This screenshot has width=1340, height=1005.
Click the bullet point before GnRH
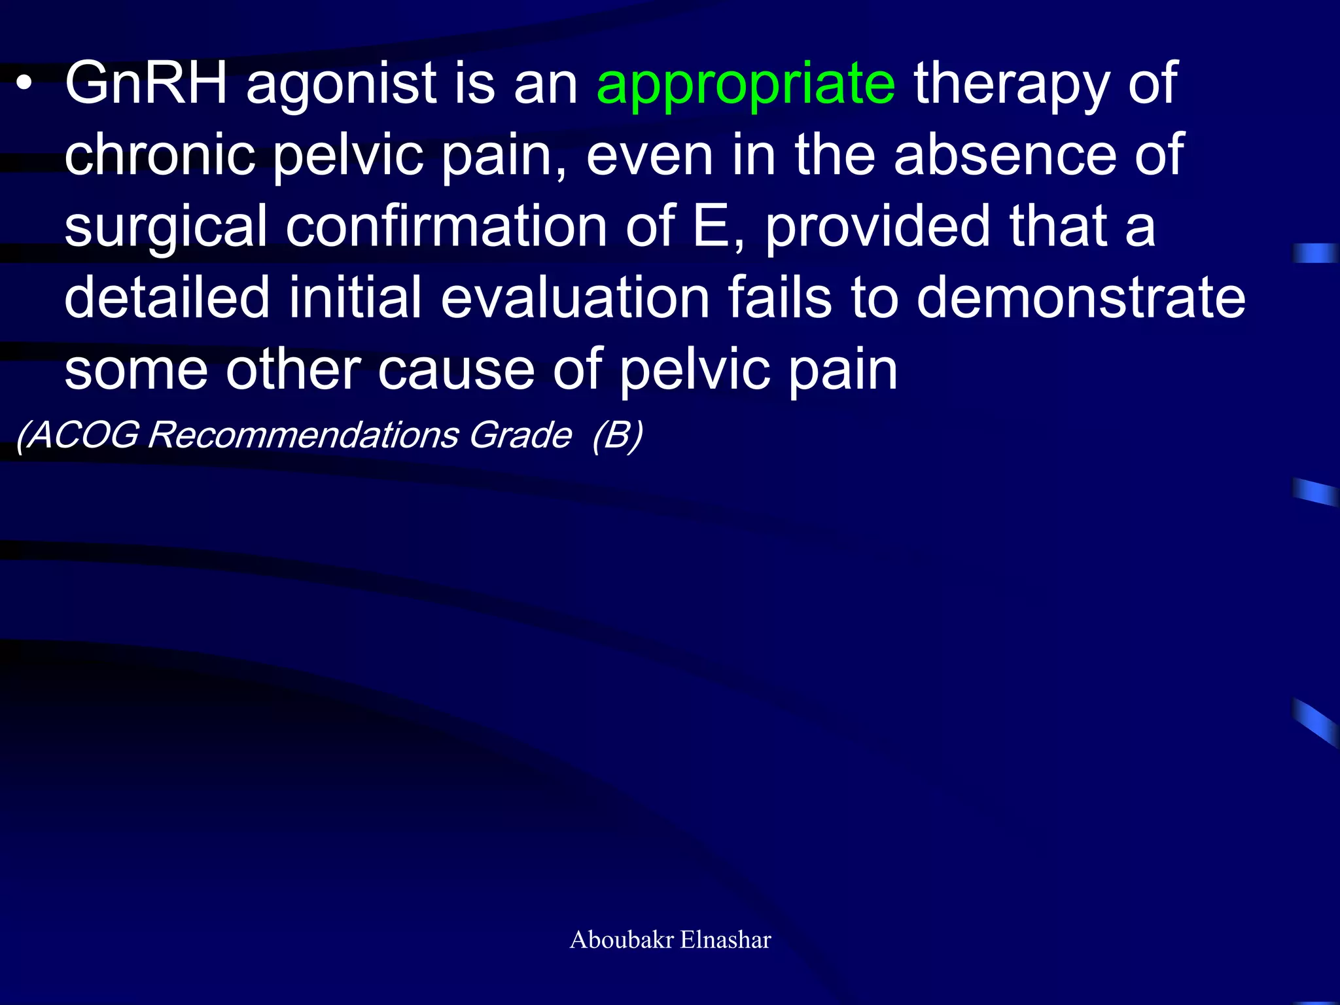click(24, 85)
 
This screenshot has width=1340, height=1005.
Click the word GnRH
click(146, 83)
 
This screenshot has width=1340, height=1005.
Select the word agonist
click(341, 85)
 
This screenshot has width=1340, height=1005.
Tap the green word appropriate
click(746, 85)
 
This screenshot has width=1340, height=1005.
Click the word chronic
click(160, 155)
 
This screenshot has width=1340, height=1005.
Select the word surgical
click(166, 228)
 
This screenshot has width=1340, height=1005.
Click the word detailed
click(167, 298)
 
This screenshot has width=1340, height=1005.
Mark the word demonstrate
click(1080, 298)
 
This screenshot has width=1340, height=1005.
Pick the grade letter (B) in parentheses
click(617, 435)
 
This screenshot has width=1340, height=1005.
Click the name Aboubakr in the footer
click(622, 940)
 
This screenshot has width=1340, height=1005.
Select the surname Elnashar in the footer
click(726, 940)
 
